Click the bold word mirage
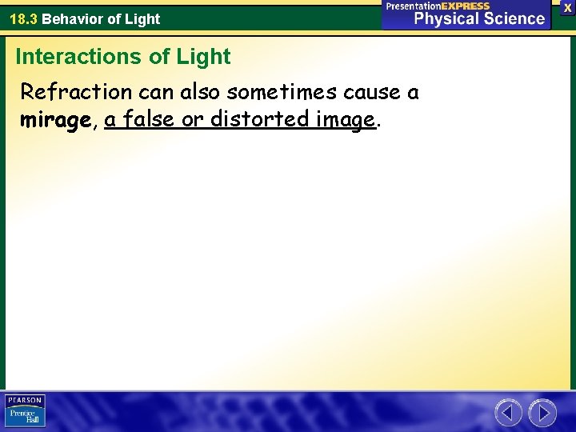pyautogui.click(x=55, y=120)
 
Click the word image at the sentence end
pyautogui.click(x=345, y=120)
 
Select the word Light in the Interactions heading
pyautogui.click(x=205, y=57)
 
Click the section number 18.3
pyautogui.click(x=22, y=18)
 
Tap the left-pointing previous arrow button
pyautogui.click(x=508, y=413)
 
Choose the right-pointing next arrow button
pyautogui.click(x=542, y=413)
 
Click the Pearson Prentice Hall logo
pyautogui.click(x=25, y=411)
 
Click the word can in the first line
pyautogui.click(x=155, y=92)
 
